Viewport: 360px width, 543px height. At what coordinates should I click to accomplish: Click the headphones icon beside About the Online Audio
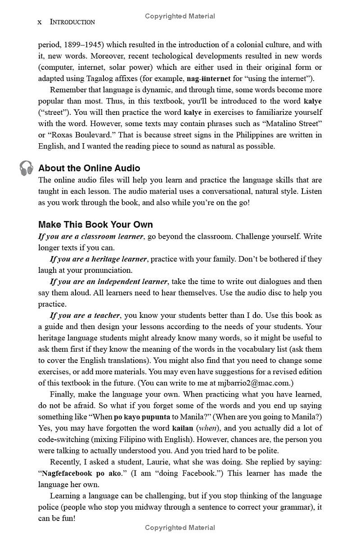[x=27, y=168]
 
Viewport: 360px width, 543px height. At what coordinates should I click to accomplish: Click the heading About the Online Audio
[x=89, y=168]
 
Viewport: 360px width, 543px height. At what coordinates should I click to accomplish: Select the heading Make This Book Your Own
[x=95, y=224]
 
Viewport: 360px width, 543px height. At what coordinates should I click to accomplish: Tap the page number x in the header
[x=40, y=22]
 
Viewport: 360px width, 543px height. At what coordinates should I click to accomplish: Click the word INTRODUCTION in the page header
[x=72, y=22]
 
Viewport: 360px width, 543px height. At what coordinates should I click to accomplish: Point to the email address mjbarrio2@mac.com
[x=254, y=383]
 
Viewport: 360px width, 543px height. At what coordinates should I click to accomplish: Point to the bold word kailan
[x=182, y=428]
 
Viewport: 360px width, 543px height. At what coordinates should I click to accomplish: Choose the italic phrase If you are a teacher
[x=85, y=315]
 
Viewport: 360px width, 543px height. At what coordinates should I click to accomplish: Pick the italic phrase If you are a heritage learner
[x=98, y=259]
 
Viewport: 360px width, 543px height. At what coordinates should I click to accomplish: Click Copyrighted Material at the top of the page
[x=180, y=16]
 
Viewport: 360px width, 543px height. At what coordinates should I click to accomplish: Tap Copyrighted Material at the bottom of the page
[x=180, y=527]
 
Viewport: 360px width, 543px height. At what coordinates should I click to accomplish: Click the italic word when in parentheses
[x=207, y=428]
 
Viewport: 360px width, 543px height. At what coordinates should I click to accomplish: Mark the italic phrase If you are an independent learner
[x=108, y=281]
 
